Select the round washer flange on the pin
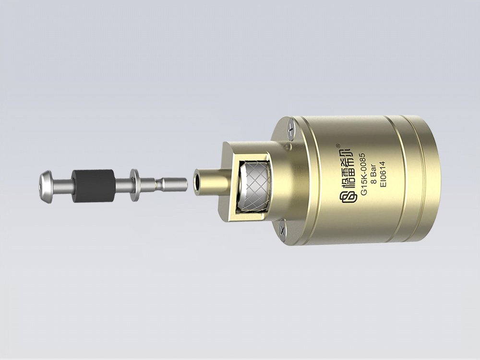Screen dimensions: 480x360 [x=134, y=185]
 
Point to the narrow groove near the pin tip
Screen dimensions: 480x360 [x=158, y=183]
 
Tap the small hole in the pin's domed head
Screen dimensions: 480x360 [x=41, y=187]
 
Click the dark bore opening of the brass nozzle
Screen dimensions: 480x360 [x=197, y=182]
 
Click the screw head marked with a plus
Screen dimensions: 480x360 [x=290, y=131]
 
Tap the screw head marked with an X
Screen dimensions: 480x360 [x=282, y=230]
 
